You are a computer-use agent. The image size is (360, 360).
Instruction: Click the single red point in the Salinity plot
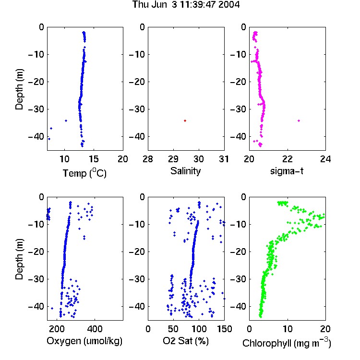pyautogui.click(x=185, y=120)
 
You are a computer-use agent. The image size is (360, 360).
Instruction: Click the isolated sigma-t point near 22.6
pyautogui.click(x=299, y=120)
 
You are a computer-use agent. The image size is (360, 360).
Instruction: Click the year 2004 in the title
pyautogui.click(x=229, y=5)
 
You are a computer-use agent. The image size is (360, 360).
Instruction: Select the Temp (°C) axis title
pyautogui.click(x=84, y=173)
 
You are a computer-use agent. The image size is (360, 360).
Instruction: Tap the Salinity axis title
pyautogui.click(x=185, y=171)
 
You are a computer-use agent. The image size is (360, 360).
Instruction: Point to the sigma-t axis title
pyautogui.click(x=287, y=171)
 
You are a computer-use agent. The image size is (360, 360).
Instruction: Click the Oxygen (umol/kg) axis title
pyautogui.click(x=84, y=341)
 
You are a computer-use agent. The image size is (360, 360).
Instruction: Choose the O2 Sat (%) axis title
pyautogui.click(x=186, y=341)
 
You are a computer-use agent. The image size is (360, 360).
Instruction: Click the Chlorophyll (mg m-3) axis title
pyautogui.click(x=287, y=343)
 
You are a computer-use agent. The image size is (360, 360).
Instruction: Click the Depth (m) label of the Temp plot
pyautogui.click(x=19, y=89)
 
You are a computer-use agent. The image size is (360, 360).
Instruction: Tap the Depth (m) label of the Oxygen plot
pyautogui.click(x=19, y=259)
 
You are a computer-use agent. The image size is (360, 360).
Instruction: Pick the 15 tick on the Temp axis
pyautogui.click(x=94, y=159)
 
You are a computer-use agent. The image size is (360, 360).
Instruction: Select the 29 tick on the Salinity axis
pyautogui.click(x=173, y=159)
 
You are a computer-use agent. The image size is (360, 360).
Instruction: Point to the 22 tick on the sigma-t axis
pyautogui.click(x=288, y=159)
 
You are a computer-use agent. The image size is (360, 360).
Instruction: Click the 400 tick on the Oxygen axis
pyautogui.click(x=95, y=329)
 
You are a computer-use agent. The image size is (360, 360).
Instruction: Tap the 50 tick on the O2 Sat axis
pyautogui.click(x=173, y=329)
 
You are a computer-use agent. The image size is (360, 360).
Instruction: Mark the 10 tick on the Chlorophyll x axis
pyautogui.click(x=288, y=329)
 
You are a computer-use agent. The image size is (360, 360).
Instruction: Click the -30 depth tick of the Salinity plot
pyautogui.click(x=137, y=109)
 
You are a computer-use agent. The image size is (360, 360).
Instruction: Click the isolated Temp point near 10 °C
pyautogui.click(x=66, y=120)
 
